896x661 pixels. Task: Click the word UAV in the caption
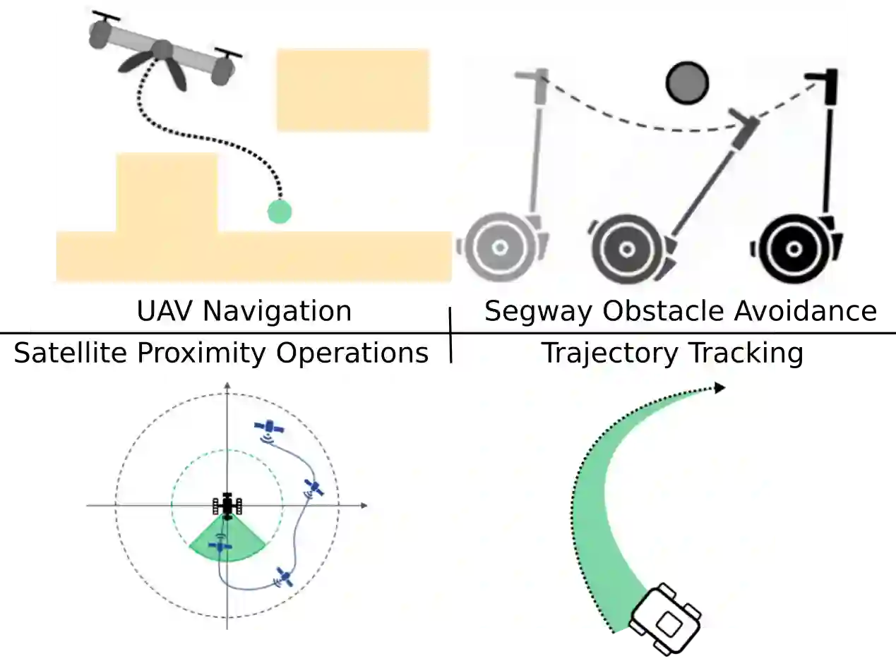160,311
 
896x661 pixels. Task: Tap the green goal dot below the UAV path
279,211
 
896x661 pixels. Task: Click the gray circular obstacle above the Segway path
686,83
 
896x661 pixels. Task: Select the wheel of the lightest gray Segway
499,248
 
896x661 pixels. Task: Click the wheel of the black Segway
793,248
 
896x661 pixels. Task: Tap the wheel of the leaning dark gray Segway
626,248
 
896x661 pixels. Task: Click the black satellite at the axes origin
227,505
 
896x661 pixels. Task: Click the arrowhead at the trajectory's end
719,387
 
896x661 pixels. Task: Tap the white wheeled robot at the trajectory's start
664,615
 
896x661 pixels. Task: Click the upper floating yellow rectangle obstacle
352,90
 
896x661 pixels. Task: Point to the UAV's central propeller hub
162,50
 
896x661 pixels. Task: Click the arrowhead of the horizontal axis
364,505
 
